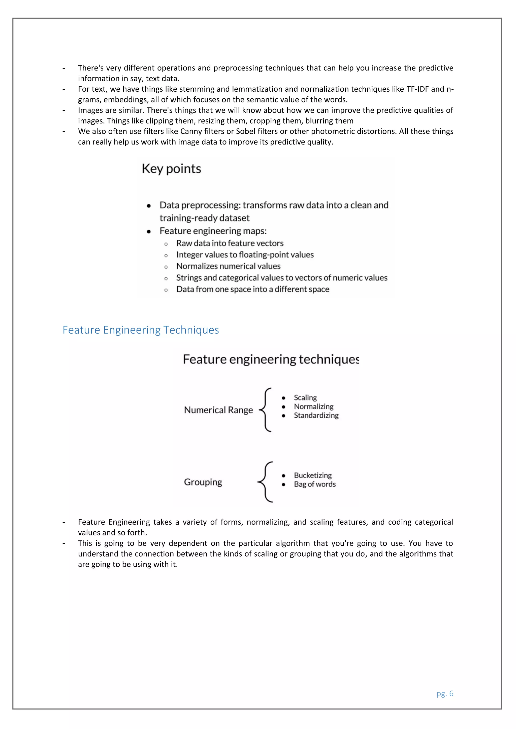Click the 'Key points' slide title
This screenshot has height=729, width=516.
pyautogui.click(x=171, y=169)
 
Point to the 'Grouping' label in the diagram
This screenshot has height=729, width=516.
pyautogui.click(x=203, y=482)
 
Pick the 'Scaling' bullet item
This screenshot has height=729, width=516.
pyautogui.click(x=305, y=397)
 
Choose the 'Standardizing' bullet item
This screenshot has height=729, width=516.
pyautogui.click(x=316, y=415)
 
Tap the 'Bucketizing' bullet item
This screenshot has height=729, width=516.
pyautogui.click(x=313, y=475)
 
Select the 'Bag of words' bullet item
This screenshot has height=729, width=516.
pyautogui.click(x=314, y=484)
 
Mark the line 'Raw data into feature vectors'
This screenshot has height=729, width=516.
pyautogui.click(x=230, y=243)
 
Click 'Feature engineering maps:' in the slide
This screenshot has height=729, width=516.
pyautogui.click(x=213, y=231)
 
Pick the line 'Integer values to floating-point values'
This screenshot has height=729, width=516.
pyautogui.click(x=245, y=255)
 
